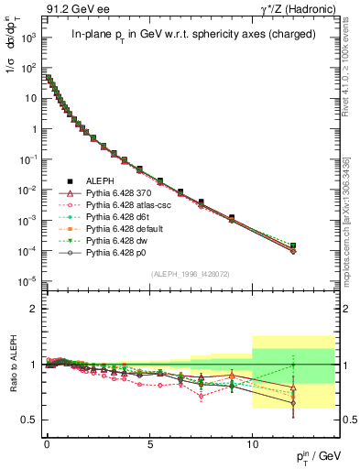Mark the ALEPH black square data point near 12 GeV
coord(294,245)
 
